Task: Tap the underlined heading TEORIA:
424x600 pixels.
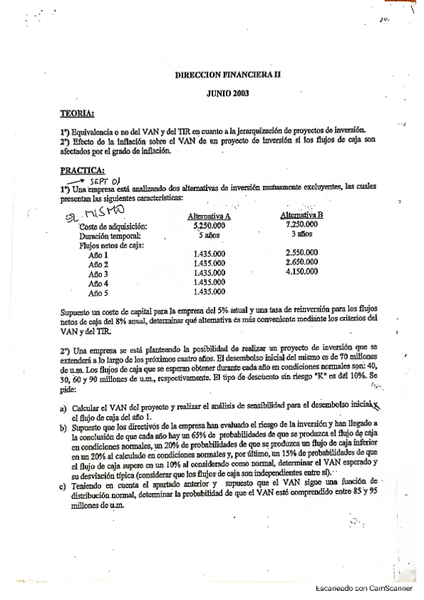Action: tap(77, 112)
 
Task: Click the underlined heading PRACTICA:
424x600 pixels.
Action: tap(83, 169)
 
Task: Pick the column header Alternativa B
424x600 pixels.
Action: tap(302, 214)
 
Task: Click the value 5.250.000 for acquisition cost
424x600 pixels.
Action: tap(209, 225)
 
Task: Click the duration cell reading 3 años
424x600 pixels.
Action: tap(302, 233)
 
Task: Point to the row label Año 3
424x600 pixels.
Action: tap(98, 274)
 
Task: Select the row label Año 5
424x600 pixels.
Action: tap(98, 292)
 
